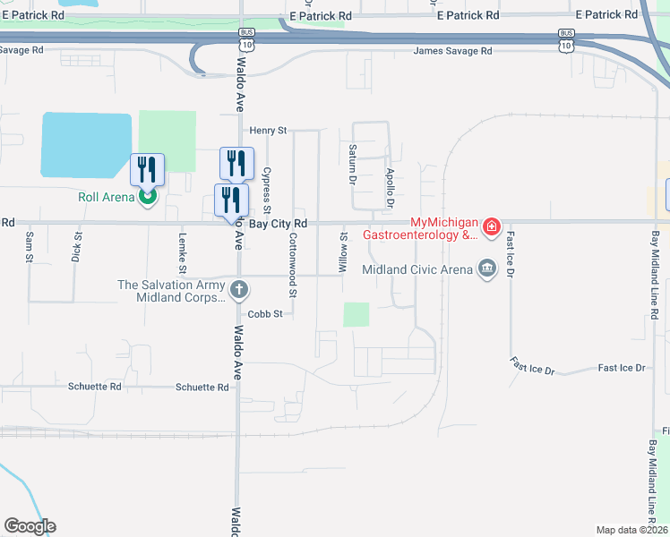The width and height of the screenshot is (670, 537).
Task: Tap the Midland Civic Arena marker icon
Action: [x=487, y=268]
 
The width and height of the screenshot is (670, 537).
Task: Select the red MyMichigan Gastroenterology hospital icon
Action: [x=491, y=228]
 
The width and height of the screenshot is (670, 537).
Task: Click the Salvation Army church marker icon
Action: [x=238, y=290]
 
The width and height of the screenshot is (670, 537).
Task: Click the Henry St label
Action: [x=267, y=131]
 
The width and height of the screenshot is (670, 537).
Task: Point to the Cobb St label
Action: [x=265, y=314]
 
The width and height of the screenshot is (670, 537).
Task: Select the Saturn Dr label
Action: [x=353, y=164]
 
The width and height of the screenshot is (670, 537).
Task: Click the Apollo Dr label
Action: [x=390, y=187]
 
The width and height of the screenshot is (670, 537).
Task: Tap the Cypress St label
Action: [x=267, y=188]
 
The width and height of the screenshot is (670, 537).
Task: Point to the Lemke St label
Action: [x=182, y=253]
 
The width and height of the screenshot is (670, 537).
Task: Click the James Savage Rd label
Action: [x=452, y=51]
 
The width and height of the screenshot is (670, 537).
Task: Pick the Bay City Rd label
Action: [x=278, y=223]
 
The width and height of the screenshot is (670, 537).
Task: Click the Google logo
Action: [x=30, y=526]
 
